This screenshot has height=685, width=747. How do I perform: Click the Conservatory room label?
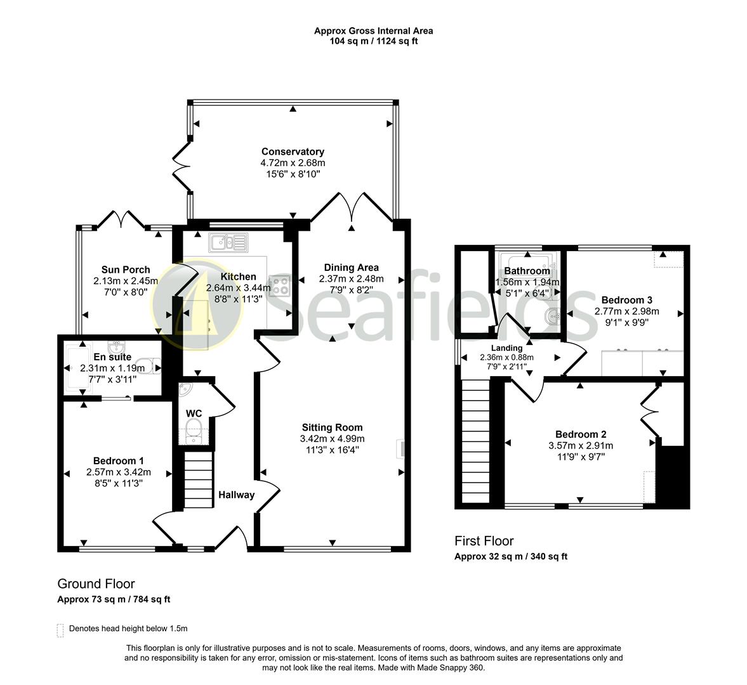(x=293, y=152)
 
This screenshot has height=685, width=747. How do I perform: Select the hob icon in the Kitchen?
(x=279, y=285)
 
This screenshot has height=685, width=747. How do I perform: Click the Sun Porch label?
(x=126, y=270)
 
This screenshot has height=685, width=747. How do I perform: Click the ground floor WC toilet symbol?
(x=194, y=432)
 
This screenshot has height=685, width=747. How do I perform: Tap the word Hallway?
(x=236, y=495)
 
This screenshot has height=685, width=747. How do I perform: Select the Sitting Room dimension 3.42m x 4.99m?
(x=332, y=439)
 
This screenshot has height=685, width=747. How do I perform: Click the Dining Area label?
(x=351, y=267)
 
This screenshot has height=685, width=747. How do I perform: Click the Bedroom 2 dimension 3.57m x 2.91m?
(x=581, y=445)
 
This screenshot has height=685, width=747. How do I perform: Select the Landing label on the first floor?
(x=506, y=348)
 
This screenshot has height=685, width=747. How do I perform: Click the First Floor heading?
(x=484, y=541)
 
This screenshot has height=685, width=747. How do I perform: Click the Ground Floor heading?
(x=96, y=584)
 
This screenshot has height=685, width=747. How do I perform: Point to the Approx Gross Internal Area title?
(x=373, y=30)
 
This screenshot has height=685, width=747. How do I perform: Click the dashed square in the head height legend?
(x=60, y=629)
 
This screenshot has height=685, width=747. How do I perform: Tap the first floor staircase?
(x=475, y=440)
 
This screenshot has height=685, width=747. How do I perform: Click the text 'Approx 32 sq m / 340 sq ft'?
(x=511, y=557)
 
